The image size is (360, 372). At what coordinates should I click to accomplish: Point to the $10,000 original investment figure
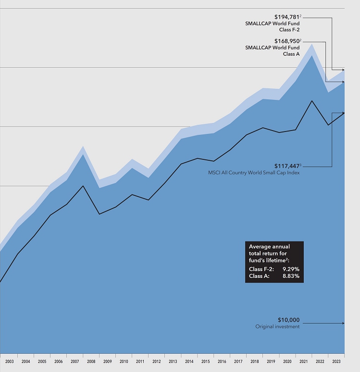pos(288,320)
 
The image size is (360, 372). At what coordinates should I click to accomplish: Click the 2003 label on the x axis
pos(9,361)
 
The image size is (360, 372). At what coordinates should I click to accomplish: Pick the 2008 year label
pos(91,361)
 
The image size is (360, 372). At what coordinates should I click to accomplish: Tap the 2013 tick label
pos(173,361)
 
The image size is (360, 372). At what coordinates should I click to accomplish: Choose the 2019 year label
pos(271,361)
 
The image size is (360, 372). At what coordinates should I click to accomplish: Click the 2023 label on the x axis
pos(336,361)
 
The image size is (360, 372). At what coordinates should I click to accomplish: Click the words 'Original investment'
pos(277,327)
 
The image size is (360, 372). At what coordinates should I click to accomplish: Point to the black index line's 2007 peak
pos(83,186)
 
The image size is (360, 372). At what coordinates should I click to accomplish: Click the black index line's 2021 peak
pos(312,101)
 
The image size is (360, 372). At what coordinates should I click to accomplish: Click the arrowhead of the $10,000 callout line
pos(343,323)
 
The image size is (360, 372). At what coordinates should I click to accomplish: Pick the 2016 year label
pos(222,361)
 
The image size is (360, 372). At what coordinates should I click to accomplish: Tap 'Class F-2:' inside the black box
pos(261,269)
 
